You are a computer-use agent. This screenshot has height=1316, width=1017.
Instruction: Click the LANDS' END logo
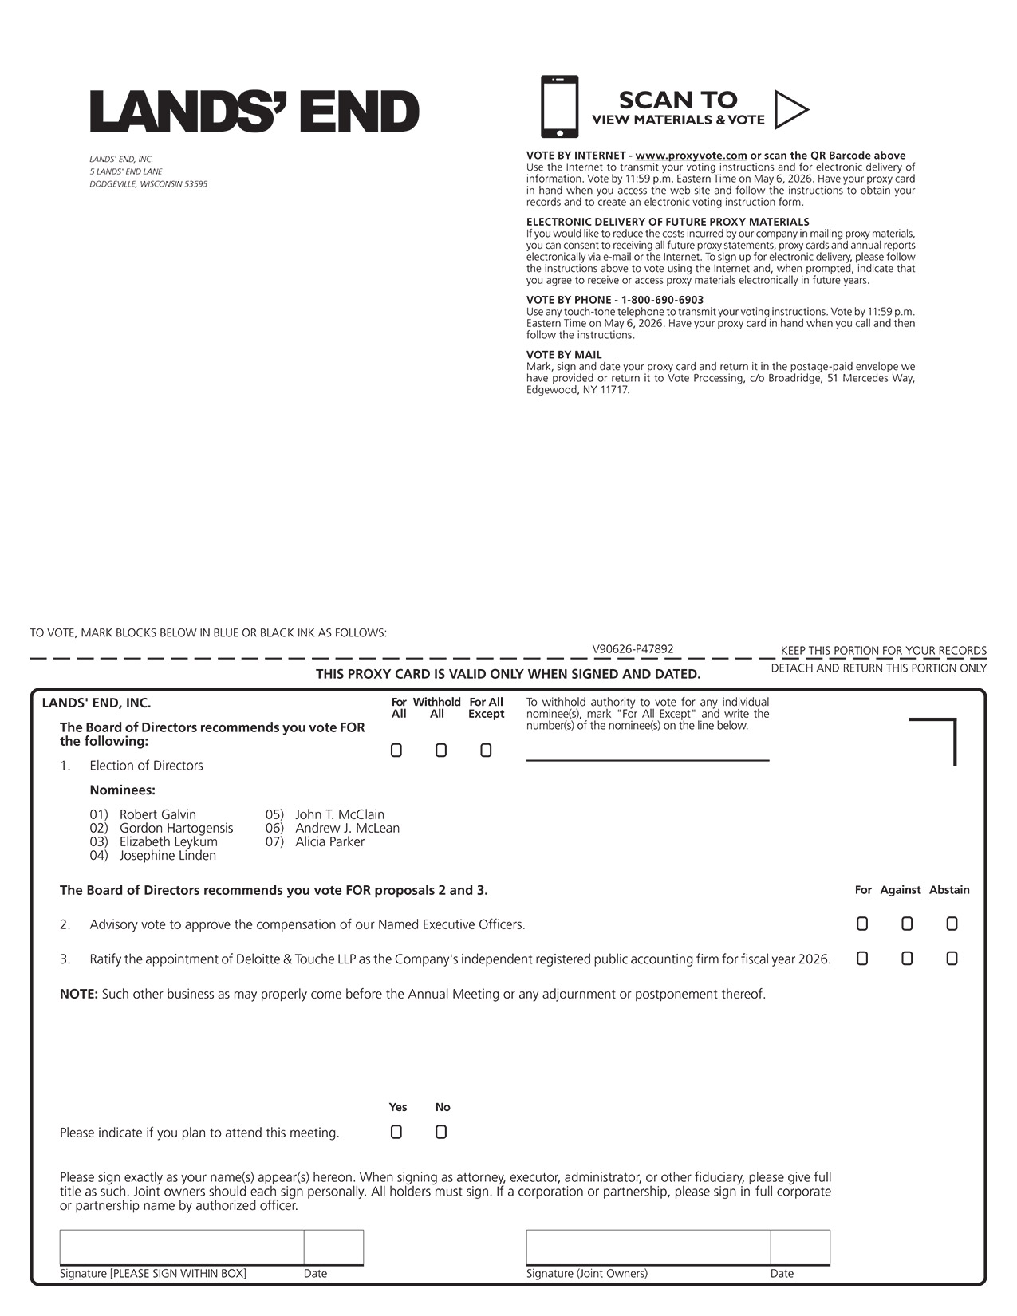tap(254, 112)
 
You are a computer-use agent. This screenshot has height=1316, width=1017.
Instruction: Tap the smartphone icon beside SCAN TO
tap(559, 107)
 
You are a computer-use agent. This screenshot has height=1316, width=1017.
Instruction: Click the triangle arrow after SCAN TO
tap(790, 110)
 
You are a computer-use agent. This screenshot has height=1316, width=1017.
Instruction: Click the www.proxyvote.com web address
tap(691, 156)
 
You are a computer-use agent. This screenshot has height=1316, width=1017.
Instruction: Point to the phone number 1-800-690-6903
tap(662, 300)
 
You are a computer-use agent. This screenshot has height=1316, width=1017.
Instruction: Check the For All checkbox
tap(396, 751)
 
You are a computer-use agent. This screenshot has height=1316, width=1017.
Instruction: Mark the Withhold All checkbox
tap(441, 751)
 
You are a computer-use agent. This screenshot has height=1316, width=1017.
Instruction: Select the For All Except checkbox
tap(486, 751)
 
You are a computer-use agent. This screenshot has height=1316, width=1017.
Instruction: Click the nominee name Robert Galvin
tap(157, 814)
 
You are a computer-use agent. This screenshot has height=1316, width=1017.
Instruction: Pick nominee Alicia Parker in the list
tap(329, 841)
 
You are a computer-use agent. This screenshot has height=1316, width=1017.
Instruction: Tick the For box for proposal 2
tap(862, 924)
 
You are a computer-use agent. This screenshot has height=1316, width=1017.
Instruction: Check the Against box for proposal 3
tap(907, 959)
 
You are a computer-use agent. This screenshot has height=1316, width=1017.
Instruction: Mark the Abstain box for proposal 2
tap(952, 924)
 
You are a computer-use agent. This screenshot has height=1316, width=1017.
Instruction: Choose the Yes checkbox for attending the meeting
tap(396, 1132)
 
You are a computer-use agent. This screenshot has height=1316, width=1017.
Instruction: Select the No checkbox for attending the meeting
tap(441, 1132)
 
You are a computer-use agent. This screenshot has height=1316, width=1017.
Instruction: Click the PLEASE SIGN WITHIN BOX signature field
tap(182, 1247)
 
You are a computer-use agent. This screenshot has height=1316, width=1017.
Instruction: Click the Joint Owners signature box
tap(648, 1247)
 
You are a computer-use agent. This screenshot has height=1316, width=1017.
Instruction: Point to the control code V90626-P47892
tap(633, 649)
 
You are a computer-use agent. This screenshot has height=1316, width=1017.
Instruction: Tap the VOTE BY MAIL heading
tap(564, 355)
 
